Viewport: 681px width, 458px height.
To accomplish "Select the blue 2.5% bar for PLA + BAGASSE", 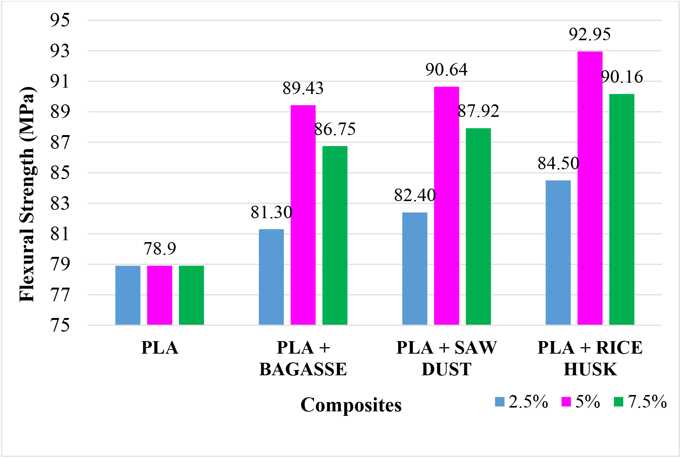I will (x=271, y=277).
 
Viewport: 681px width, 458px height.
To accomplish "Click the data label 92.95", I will (x=590, y=35).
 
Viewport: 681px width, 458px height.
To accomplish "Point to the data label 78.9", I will (x=160, y=249).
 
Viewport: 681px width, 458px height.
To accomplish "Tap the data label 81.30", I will (x=271, y=212).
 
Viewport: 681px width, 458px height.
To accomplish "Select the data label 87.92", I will (x=478, y=111).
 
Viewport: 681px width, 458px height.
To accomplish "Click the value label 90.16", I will (x=622, y=77).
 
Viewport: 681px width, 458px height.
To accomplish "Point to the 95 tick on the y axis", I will (x=60, y=20).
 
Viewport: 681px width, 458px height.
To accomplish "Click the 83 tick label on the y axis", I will (x=60, y=203).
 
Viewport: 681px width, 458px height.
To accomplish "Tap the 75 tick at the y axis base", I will (x=60, y=325).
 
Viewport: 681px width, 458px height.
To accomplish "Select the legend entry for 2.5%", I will (x=522, y=401).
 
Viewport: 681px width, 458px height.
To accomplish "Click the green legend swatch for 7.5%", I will (x=618, y=401).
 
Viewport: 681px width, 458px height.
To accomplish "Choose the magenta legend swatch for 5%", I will (x=566, y=401).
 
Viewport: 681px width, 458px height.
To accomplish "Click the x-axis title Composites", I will (x=351, y=405).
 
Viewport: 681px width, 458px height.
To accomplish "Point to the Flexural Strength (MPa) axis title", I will (x=27, y=194).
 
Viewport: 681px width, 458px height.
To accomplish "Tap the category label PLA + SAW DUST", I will (x=446, y=358).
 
